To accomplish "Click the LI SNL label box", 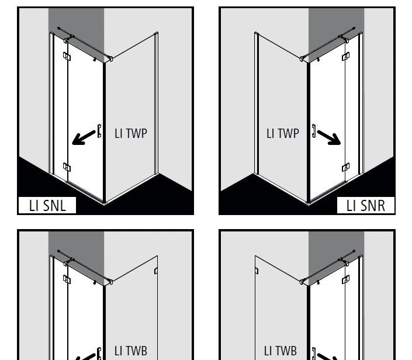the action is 47,205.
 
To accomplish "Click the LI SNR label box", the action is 365,205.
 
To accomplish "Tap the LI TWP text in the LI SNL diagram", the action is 131,133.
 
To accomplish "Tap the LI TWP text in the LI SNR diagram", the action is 283,133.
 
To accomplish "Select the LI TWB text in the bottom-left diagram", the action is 131,351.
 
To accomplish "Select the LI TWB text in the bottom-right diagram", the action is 281,351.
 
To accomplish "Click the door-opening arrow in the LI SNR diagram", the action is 329,138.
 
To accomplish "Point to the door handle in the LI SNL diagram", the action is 99,131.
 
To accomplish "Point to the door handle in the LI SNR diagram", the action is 314,131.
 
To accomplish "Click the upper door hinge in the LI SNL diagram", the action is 67,57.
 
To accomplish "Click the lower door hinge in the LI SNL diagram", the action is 67,167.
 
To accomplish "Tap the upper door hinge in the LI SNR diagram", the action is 346,57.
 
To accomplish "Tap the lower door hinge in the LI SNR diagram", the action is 346,167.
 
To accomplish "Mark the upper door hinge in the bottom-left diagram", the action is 67,279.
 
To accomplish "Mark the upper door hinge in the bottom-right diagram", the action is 346,279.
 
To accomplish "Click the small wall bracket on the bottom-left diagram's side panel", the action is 156,271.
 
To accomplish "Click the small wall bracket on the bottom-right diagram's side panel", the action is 257,271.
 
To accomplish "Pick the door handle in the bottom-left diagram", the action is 99,354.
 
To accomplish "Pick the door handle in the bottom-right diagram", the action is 314,354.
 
